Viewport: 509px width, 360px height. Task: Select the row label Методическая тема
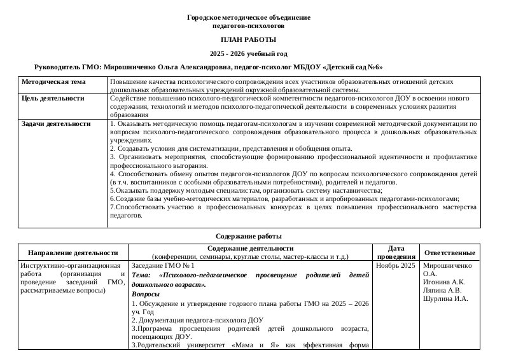click(x=53, y=82)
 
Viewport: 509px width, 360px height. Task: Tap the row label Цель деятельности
click(x=53, y=99)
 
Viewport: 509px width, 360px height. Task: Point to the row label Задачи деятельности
click(x=56, y=123)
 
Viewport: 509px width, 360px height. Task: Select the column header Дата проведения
click(x=394, y=253)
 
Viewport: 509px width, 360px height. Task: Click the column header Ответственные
click(x=450, y=253)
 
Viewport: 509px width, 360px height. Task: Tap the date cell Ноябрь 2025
click(x=396, y=265)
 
